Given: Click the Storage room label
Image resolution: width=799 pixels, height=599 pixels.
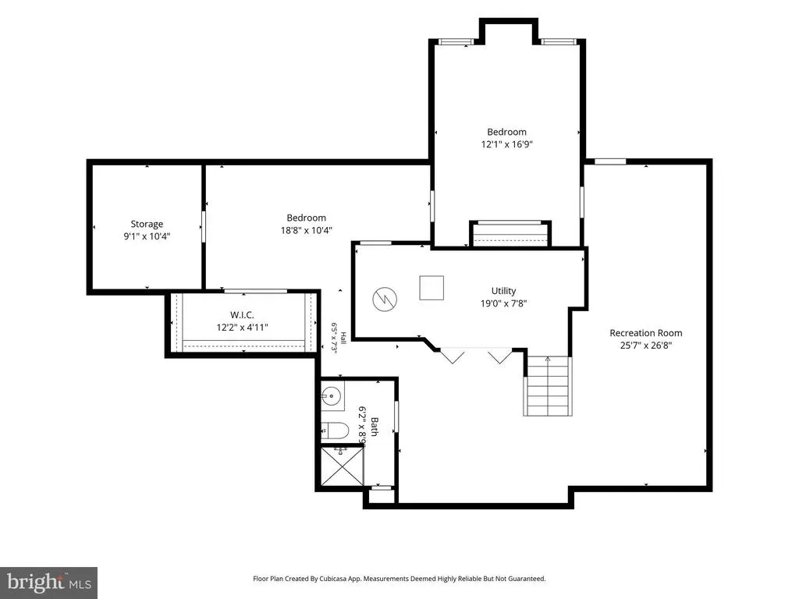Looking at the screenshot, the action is (147, 224).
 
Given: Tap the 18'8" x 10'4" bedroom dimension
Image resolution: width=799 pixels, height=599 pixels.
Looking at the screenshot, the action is (306, 230).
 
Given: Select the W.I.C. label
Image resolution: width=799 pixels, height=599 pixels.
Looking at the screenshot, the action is (242, 315).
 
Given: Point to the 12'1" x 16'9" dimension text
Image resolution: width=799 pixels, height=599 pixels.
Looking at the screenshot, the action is (506, 144).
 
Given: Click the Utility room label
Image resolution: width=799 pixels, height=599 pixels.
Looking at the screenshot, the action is (503, 291).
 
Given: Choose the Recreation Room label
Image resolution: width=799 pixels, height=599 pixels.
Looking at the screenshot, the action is (645, 333).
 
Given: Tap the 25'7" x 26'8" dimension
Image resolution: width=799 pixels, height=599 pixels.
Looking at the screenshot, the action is (645, 346).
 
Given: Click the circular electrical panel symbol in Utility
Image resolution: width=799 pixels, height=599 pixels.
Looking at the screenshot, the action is (385, 299).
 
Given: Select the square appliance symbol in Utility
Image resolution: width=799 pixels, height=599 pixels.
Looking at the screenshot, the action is (431, 288).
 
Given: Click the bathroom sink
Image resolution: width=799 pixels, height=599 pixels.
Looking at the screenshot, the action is (332, 395).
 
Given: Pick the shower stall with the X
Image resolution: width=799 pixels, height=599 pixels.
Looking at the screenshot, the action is (342, 466).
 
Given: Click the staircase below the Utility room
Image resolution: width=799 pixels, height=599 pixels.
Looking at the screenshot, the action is (547, 386).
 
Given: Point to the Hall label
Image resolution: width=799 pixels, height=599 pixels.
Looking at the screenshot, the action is (343, 338).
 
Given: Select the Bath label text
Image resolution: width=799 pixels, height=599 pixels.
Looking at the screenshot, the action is (374, 427).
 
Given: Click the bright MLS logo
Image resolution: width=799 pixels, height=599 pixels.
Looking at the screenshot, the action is (49, 583).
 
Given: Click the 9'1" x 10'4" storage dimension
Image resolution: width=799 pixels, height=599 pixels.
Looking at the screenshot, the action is (147, 236).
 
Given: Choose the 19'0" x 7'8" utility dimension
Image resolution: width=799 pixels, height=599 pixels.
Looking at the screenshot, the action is (503, 303).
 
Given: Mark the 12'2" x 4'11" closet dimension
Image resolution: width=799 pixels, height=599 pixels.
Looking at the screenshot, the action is (242, 328).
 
